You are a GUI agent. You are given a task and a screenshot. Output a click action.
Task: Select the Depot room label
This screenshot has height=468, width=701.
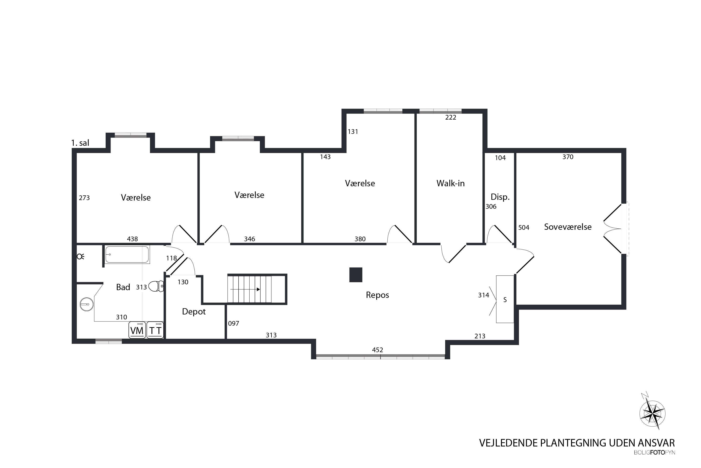click(194, 312)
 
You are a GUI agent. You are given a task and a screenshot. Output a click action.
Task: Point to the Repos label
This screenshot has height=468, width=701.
click(377, 295)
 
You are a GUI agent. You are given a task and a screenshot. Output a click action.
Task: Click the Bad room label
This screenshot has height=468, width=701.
click(123, 287)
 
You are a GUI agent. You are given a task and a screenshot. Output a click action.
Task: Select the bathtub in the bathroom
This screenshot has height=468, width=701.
click(127, 254)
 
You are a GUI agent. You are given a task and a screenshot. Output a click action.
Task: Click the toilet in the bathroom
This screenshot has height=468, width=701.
click(156, 286)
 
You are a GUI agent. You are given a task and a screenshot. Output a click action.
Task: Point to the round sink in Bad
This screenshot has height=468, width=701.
click(87, 304)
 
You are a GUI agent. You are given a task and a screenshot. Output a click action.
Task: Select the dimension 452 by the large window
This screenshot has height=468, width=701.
click(377, 350)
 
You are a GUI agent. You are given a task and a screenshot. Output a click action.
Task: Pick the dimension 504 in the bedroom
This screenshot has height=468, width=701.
click(524, 227)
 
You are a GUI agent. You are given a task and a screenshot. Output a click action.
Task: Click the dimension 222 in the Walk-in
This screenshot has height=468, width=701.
click(451, 117)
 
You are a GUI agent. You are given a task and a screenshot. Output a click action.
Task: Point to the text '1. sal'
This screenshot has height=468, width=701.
click(80, 143)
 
